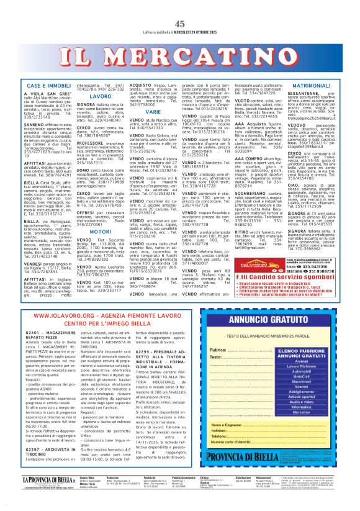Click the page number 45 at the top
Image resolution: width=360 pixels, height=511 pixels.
(x=180, y=7)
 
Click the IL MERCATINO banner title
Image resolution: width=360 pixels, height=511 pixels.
(x=180, y=50)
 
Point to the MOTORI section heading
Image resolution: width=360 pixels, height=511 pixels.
(x=101, y=231)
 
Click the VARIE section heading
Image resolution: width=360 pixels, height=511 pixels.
(x=151, y=112)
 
